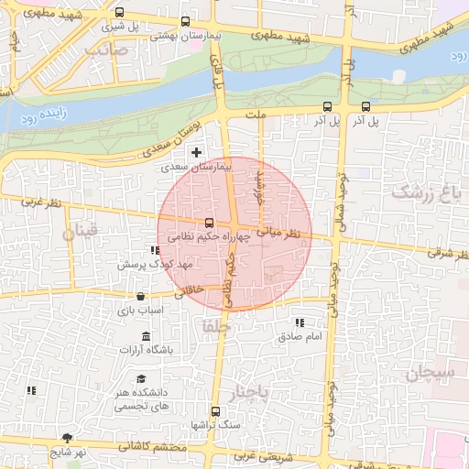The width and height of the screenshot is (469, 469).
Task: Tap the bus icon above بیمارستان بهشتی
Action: coord(186,22)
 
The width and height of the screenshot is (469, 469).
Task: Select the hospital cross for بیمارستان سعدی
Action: coord(195,150)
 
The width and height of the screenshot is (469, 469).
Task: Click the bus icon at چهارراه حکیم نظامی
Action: coord(210,223)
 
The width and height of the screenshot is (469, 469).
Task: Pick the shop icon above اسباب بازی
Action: coord(140,296)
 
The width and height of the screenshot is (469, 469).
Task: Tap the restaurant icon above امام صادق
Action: coord(300,323)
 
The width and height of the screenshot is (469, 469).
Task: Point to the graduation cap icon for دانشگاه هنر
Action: coord(141,378)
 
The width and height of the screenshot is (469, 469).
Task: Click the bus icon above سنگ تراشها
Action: coord(215,412)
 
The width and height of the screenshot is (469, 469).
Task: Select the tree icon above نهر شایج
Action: coord(67,438)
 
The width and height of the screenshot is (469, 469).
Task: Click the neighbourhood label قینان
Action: coord(79,234)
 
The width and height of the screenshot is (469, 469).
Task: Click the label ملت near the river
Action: coord(256,115)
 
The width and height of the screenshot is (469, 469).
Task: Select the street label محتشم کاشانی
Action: coord(152,447)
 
